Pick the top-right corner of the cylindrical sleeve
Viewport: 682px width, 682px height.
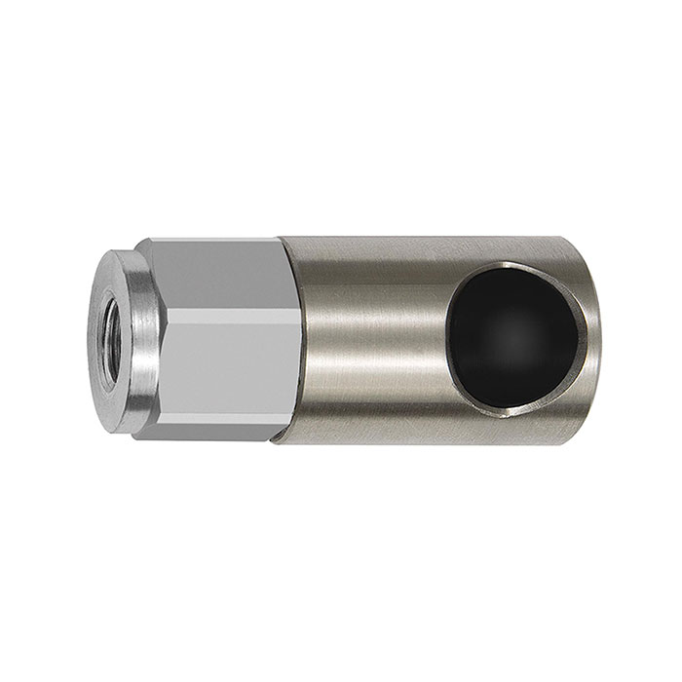point(590,240)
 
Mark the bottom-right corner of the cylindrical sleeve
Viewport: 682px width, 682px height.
point(590,444)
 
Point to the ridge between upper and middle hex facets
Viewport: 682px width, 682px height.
point(219,310)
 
